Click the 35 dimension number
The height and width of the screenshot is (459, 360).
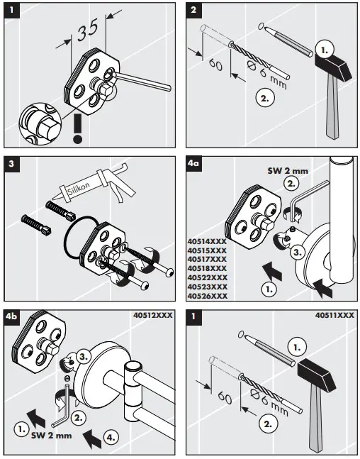click(x=87, y=31)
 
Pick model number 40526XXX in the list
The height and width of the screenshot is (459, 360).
click(x=207, y=295)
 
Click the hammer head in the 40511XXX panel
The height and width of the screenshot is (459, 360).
click(x=315, y=374)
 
